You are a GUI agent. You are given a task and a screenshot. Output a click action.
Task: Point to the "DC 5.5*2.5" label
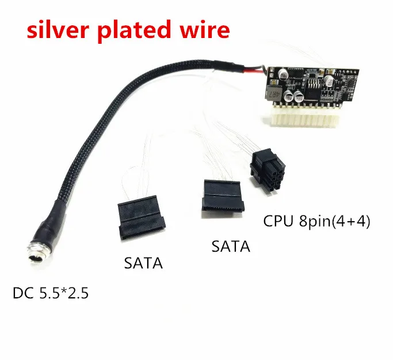pos(51,294)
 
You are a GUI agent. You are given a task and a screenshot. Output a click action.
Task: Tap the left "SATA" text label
pos(143,264)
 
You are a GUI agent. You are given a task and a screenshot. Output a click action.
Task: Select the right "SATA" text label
pos(231,247)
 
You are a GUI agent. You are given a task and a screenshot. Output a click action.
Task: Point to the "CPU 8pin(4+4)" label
pos(315,221)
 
